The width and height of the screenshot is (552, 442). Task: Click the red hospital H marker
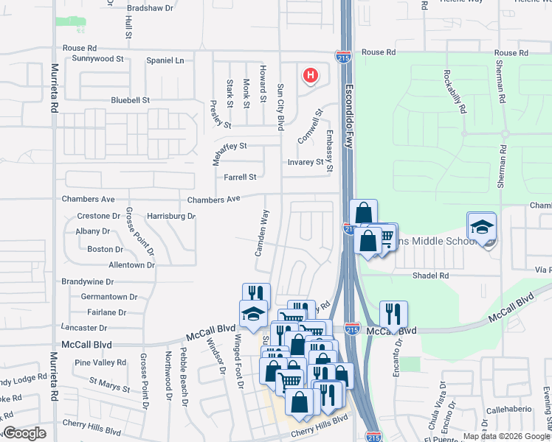[311, 75]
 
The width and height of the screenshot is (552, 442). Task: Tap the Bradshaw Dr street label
[150, 8]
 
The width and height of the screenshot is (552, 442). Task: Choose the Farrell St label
[240, 177]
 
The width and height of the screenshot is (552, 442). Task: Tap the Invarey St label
[306, 162]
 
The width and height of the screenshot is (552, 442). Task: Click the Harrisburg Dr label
[170, 217]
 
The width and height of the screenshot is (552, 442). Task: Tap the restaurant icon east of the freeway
[393, 314]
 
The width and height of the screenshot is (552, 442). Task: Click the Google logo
[24, 433]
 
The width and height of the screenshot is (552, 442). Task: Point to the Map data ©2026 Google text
[506, 436]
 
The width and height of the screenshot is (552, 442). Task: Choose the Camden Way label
[261, 233]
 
